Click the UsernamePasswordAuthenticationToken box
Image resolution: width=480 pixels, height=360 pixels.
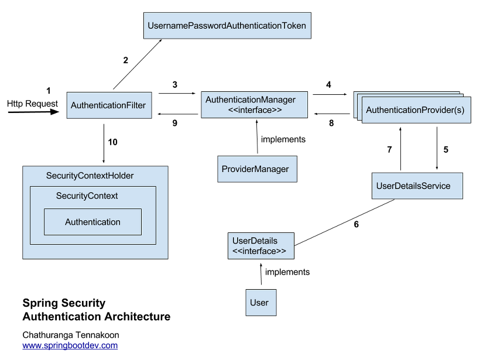tap(227, 26)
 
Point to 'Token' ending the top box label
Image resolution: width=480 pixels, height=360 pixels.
tap(294, 26)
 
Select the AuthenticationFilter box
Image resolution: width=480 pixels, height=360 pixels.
tap(109, 105)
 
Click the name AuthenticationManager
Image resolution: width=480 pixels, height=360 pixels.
tap(251, 100)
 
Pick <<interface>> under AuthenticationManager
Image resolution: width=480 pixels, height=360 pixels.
tap(255, 110)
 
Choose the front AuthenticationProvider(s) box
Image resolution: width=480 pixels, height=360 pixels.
tap(416, 110)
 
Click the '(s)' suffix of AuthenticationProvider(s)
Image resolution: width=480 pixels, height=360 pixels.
tap(460, 110)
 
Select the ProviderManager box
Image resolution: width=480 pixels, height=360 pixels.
tap(257, 169)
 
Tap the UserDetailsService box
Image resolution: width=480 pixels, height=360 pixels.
tap(417, 186)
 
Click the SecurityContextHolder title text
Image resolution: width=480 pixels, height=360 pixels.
tap(90, 176)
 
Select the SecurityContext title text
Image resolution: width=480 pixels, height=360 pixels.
tap(87, 196)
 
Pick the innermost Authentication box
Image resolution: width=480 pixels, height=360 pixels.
tap(92, 222)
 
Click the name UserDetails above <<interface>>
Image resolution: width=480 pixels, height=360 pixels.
tap(255, 241)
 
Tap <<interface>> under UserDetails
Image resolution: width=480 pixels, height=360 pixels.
tap(259, 251)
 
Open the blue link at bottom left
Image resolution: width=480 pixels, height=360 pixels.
tap(70, 345)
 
